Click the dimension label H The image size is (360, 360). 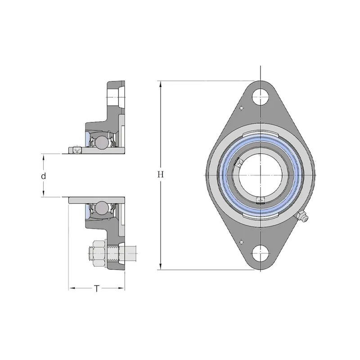[161, 175]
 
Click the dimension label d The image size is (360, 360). [43, 176]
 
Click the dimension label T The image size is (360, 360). [97, 288]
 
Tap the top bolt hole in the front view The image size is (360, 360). [261, 97]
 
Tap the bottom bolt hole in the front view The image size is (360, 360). [261, 253]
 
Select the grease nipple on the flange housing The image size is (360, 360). [302, 216]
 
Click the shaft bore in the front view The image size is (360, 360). [261, 175]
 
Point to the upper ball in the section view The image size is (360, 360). [101, 142]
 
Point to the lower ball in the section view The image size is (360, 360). [101, 208]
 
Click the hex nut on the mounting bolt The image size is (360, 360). [98, 253]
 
